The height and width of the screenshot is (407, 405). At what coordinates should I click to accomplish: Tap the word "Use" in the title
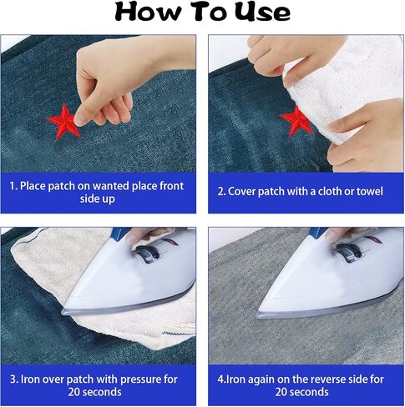(262, 12)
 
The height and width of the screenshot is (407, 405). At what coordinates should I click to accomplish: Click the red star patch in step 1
(63, 121)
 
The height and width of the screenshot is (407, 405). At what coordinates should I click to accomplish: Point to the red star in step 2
(295, 121)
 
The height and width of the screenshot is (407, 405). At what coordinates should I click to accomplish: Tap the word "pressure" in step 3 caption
(141, 379)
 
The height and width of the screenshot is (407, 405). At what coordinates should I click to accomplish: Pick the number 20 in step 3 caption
(74, 392)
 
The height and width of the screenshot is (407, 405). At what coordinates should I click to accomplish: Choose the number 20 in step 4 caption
(281, 392)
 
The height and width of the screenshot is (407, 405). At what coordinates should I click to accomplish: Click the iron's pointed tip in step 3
(63, 312)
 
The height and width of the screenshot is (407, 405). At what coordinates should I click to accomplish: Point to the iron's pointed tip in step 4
(257, 316)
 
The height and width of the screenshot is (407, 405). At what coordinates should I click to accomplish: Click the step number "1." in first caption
(13, 186)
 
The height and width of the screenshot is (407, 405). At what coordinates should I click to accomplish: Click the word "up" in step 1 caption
(109, 199)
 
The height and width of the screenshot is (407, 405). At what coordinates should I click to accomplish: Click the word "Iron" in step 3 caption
(28, 379)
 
